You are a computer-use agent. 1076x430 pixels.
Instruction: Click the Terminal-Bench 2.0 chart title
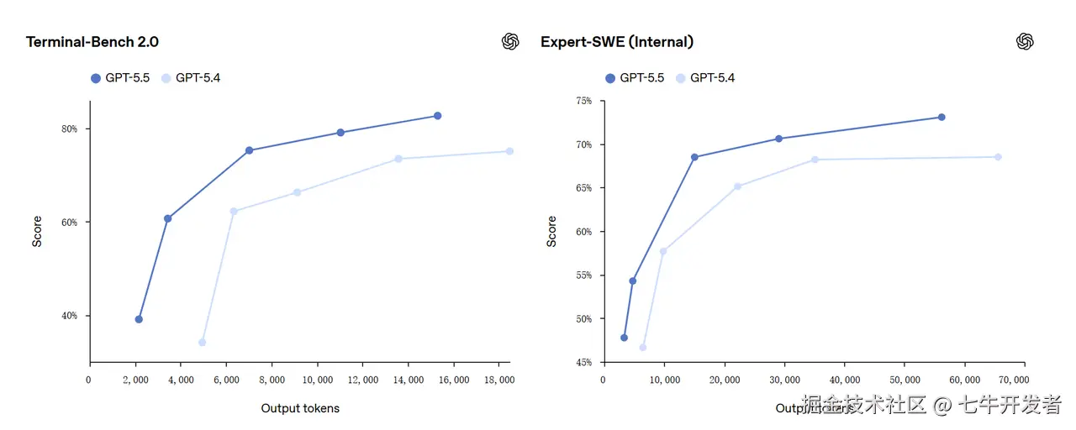coord(92,42)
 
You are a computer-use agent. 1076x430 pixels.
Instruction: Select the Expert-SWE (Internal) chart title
coord(617,42)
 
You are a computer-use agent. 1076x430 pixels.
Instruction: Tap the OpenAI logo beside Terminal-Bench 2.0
coord(510,42)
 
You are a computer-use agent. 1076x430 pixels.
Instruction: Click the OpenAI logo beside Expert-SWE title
coord(1024,42)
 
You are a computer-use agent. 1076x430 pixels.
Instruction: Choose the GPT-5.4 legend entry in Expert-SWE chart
coord(704,78)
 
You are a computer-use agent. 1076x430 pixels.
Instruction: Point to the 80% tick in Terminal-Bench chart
coord(69,128)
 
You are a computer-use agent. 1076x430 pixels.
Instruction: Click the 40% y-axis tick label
coord(69,316)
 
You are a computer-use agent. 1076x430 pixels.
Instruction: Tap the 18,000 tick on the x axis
coord(499,380)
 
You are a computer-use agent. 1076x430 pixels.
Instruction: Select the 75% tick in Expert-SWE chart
coord(583,101)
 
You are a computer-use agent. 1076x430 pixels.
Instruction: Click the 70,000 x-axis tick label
coord(1024,380)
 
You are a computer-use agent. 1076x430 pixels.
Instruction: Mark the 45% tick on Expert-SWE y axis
coord(583,362)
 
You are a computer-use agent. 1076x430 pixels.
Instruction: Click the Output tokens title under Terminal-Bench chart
coord(300,408)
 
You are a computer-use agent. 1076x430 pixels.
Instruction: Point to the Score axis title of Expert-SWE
coord(552,231)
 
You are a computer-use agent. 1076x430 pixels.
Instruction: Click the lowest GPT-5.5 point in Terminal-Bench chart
coord(139,319)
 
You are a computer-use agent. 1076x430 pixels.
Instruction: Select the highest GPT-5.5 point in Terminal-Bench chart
coord(437,116)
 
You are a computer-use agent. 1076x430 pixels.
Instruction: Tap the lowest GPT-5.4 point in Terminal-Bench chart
coord(202,342)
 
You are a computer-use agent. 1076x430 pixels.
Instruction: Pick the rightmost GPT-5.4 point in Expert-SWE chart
coord(998,157)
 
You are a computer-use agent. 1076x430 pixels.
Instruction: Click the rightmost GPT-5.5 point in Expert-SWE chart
coord(941,118)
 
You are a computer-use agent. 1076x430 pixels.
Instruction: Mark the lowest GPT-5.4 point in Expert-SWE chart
coord(643,347)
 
